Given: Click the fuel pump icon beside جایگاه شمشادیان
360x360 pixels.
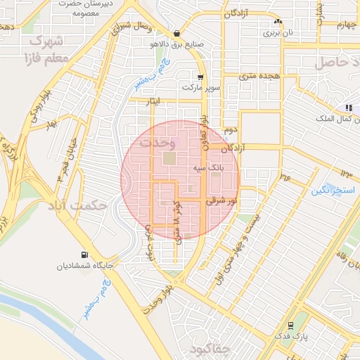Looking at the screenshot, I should point(85,255).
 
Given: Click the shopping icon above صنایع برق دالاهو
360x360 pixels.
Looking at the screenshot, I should point(176,32).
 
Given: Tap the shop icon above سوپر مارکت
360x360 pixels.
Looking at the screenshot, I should point(200,77).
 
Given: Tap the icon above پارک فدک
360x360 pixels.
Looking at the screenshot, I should point(290,326).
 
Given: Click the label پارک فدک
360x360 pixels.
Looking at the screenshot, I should point(291,337).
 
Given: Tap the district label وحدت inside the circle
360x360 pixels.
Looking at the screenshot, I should point(156,142).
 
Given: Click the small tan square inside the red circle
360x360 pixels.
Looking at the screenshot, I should point(170,159).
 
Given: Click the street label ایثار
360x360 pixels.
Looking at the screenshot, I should point(148,103).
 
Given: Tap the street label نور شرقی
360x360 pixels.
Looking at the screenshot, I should point(221,200).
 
